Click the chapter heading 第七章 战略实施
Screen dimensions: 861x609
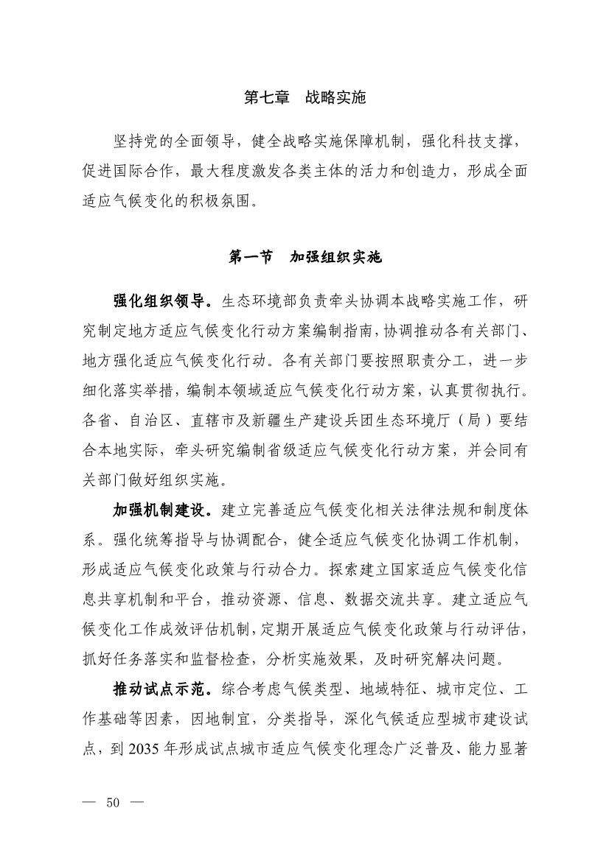click(304, 98)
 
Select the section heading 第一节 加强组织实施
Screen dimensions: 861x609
click(304, 257)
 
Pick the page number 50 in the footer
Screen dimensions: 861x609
click(113, 802)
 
